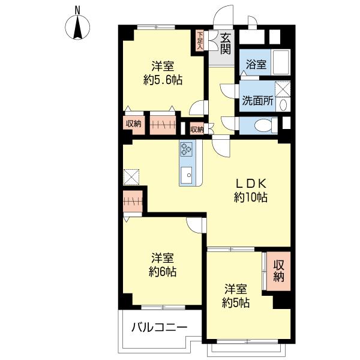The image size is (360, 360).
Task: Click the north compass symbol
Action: (x=77, y=28)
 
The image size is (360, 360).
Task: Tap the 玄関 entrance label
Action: (x=225, y=44)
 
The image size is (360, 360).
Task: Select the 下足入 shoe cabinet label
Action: (x=200, y=41)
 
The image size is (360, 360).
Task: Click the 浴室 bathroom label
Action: (x=256, y=65)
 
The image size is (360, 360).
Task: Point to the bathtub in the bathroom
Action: (x=280, y=62)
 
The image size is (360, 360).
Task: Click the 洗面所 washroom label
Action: (x=258, y=100)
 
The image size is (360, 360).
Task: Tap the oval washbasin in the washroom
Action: (x=283, y=105)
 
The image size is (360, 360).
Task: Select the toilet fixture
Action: (x=266, y=125)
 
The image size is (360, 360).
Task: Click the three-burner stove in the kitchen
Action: (x=186, y=149)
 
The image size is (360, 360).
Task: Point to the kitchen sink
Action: (x=186, y=175)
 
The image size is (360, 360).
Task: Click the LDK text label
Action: (x=251, y=184)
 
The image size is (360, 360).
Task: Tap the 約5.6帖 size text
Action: (x=163, y=80)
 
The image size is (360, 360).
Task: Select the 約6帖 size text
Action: (x=163, y=272)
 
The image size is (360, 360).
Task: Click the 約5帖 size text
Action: (x=236, y=303)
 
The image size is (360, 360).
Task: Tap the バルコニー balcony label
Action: (x=160, y=327)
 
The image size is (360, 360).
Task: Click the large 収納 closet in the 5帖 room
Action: (x=278, y=271)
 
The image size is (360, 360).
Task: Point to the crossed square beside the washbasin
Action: (x=283, y=89)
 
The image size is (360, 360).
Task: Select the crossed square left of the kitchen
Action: (x=131, y=177)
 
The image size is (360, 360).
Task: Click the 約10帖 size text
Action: (x=251, y=197)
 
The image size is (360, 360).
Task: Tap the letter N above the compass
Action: (x=77, y=10)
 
